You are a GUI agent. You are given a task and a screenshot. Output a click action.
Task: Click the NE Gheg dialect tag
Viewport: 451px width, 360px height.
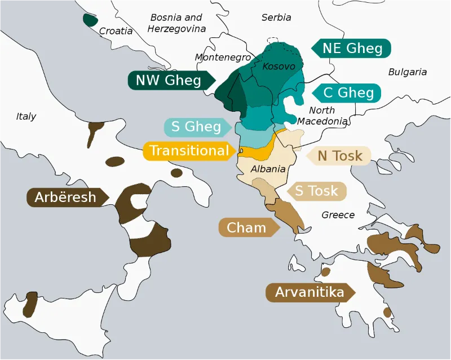click(x=352, y=48)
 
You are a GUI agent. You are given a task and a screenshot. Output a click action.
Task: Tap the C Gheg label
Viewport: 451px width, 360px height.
click(x=348, y=93)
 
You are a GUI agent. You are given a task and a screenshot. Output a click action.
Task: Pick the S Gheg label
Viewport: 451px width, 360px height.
click(x=196, y=127)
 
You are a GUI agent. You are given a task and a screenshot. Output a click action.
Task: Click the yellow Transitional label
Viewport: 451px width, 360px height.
click(x=189, y=151)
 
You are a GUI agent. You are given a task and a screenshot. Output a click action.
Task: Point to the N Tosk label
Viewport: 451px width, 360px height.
click(x=339, y=156)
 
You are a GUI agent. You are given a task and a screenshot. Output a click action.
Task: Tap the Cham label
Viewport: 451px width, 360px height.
click(x=246, y=227)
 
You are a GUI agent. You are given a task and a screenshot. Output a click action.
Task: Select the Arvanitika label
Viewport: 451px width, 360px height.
click(x=309, y=292)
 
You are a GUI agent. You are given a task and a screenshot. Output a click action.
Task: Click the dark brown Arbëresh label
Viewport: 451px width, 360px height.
click(x=65, y=197)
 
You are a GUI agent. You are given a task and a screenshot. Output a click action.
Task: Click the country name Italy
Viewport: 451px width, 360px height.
click(x=26, y=116)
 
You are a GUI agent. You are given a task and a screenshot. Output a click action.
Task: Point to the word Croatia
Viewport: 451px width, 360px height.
click(x=116, y=31)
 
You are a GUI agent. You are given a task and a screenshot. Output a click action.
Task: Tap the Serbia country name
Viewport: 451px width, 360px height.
click(x=276, y=17)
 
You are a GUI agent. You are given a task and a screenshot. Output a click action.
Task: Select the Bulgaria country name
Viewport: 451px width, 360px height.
click(x=407, y=72)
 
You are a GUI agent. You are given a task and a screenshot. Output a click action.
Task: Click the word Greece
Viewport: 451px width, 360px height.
click(x=338, y=215)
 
